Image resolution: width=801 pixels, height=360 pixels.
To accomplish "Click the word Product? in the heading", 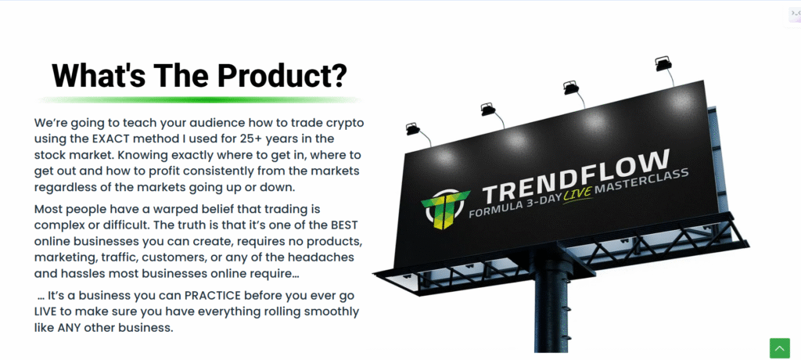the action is [x=282, y=76].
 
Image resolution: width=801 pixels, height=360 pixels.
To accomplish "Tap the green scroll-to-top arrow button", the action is [x=780, y=348].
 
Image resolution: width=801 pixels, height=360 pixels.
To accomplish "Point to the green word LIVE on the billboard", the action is [x=578, y=196].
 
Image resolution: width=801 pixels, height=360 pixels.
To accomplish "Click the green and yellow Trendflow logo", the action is [x=444, y=208].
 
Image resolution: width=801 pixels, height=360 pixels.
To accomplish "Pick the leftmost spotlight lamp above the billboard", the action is [x=413, y=129].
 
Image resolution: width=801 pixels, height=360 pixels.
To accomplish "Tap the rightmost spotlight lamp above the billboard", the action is [x=663, y=63].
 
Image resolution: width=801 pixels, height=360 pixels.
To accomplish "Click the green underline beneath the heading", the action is [x=200, y=99].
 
